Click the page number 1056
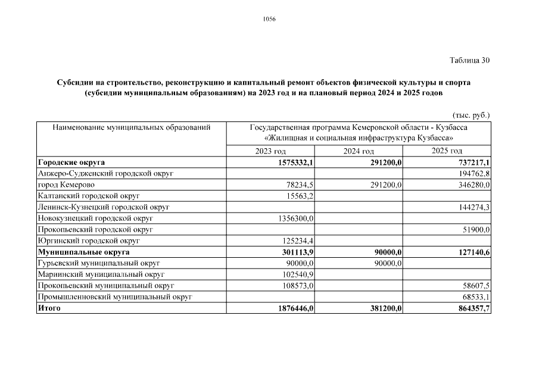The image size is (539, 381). tap(269, 19)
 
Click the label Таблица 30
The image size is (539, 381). tap(469, 60)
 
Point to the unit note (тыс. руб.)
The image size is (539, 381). tap(471, 115)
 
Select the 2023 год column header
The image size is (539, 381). tap(270, 151)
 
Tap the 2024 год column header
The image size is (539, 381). tap(359, 151)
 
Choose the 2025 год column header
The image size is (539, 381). tap(447, 151)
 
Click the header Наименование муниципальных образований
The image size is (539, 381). tap(132, 127)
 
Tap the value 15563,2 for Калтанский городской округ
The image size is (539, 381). tap(300, 196)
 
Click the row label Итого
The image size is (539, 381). tap(49, 308)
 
